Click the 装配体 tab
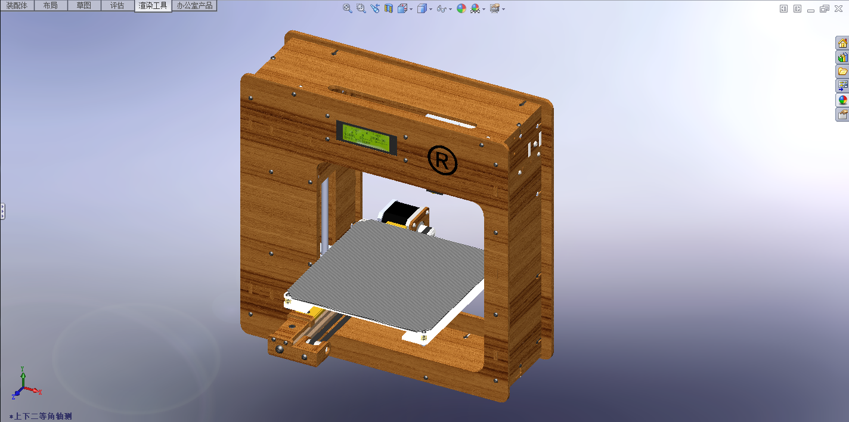pos(17,5)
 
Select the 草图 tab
pos(83,5)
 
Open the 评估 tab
pos(117,5)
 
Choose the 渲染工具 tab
pos(153,5)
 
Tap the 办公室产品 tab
pos(194,5)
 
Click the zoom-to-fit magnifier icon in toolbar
pos(348,8)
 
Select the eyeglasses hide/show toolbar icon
pos(441,8)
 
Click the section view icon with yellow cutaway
pos(389,8)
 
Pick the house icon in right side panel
pos(842,43)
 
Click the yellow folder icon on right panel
pos(842,72)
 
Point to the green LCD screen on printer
pos(367,138)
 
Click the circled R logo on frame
pos(442,160)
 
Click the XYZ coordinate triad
pos(24,384)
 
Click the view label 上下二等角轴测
pos(42,416)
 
